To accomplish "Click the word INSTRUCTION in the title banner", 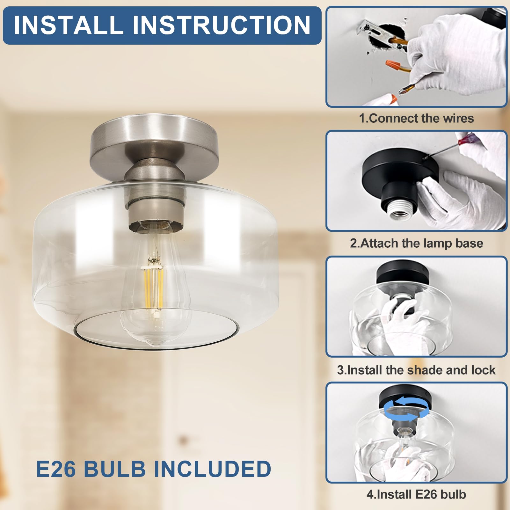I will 221,25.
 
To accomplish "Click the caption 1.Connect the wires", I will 416,118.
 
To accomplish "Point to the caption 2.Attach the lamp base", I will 416,243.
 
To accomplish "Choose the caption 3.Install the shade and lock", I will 416,370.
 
